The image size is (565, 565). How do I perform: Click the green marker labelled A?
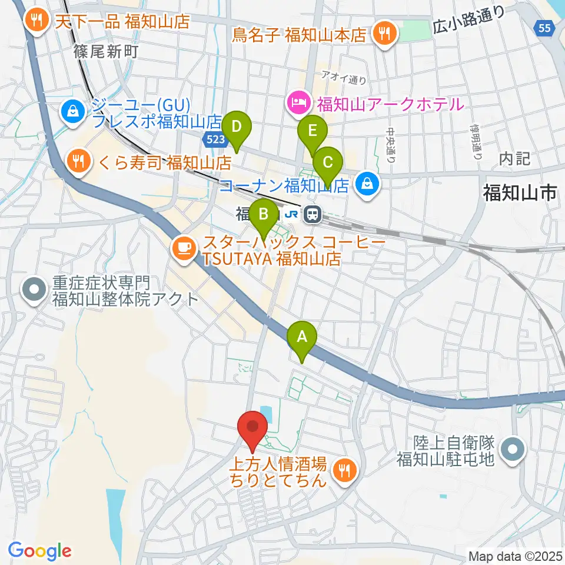tap(302, 338)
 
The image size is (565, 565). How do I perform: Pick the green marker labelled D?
tap(237, 127)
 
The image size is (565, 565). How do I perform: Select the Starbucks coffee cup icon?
tap(184, 248)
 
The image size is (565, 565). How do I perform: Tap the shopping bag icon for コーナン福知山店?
tap(368, 185)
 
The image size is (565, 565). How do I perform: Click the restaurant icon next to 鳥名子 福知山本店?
tap(385, 33)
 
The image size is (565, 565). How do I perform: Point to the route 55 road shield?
tap(545, 27)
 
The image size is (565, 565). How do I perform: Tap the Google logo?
tap(40, 551)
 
